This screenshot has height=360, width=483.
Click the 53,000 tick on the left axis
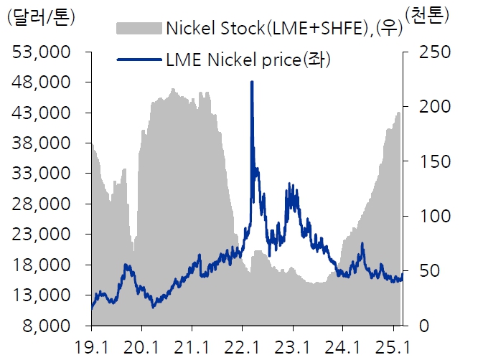[43, 53]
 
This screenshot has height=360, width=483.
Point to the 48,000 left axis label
[43, 83]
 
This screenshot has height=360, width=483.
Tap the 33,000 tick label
[43, 174]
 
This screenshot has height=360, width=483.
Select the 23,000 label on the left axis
[43, 235]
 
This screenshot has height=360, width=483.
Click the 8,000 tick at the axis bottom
[48, 326]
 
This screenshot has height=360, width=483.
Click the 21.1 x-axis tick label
[192, 346]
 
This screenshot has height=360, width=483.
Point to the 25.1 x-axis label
[394, 346]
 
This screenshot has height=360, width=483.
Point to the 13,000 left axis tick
[43, 295]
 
